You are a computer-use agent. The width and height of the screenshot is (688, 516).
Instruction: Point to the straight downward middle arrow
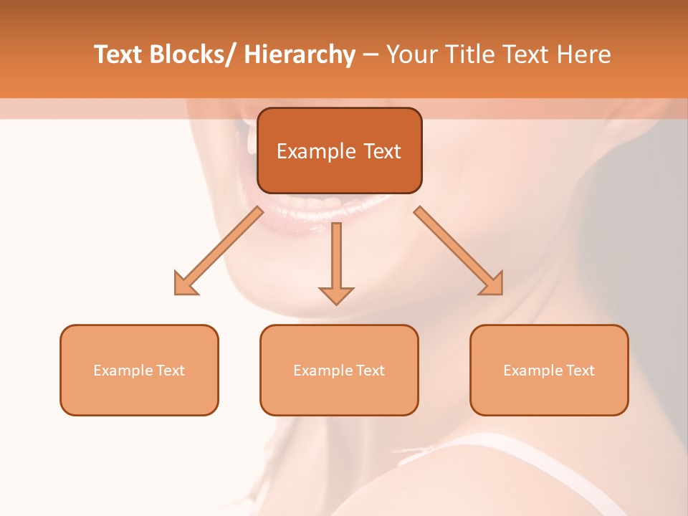coord(336,262)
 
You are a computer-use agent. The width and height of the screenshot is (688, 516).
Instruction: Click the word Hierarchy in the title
coord(299,54)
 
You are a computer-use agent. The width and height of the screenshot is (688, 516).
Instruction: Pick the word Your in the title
coord(411,54)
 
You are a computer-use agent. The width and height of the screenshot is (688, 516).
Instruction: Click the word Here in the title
coord(586,54)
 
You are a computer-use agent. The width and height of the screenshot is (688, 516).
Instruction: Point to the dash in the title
coord(371,55)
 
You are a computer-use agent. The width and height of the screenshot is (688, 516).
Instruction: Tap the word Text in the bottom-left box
coord(171,371)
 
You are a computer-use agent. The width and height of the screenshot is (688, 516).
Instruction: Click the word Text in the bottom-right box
coord(580,371)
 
